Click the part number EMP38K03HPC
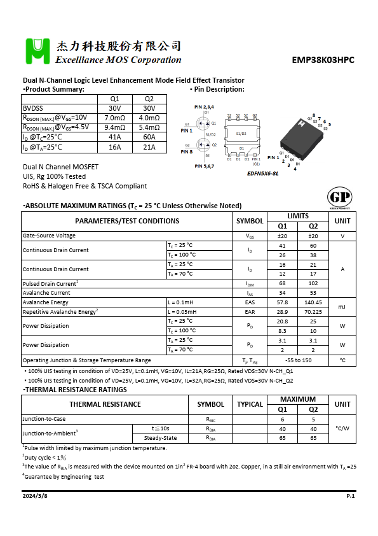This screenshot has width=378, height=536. [323, 60]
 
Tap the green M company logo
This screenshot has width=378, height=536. [37, 51]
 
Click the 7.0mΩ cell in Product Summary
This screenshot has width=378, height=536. [114, 118]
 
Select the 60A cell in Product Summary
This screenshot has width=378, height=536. [149, 137]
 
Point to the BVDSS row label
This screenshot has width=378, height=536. [33, 108]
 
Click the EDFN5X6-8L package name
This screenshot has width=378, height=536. [262, 173]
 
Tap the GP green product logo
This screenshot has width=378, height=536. [337, 197]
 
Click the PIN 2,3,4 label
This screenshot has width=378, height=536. [204, 106]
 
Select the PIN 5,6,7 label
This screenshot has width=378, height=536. [204, 166]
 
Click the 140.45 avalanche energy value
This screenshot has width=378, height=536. [313, 302]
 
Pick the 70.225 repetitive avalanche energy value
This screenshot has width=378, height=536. [313, 312]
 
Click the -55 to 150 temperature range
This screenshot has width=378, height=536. [298, 360]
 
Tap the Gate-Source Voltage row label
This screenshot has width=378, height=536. [49, 236]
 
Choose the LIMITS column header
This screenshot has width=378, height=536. [298, 216]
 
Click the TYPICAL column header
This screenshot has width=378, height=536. [250, 404]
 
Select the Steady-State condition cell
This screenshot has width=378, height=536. [160, 438]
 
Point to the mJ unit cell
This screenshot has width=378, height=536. [342, 307]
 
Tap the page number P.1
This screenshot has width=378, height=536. [350, 495]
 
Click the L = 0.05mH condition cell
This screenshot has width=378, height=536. [182, 312]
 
